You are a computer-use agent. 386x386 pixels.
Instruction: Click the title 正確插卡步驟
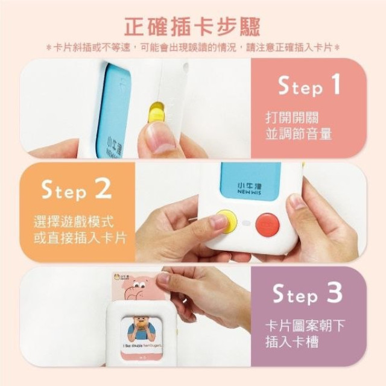tap(192, 27)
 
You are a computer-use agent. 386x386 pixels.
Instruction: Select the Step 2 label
tap(77, 191)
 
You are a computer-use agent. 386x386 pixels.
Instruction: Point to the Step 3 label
tap(308, 295)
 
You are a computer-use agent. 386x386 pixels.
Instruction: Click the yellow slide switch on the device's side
tap(156, 112)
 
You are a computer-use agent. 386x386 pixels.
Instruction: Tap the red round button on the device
tap(267, 224)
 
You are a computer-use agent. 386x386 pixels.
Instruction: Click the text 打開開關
tap(291, 117)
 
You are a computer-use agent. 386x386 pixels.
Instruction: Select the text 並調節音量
tap(299, 134)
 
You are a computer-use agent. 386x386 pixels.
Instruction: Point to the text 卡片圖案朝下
tap(306, 326)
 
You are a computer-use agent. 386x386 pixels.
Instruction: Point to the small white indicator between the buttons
tap(246, 223)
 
